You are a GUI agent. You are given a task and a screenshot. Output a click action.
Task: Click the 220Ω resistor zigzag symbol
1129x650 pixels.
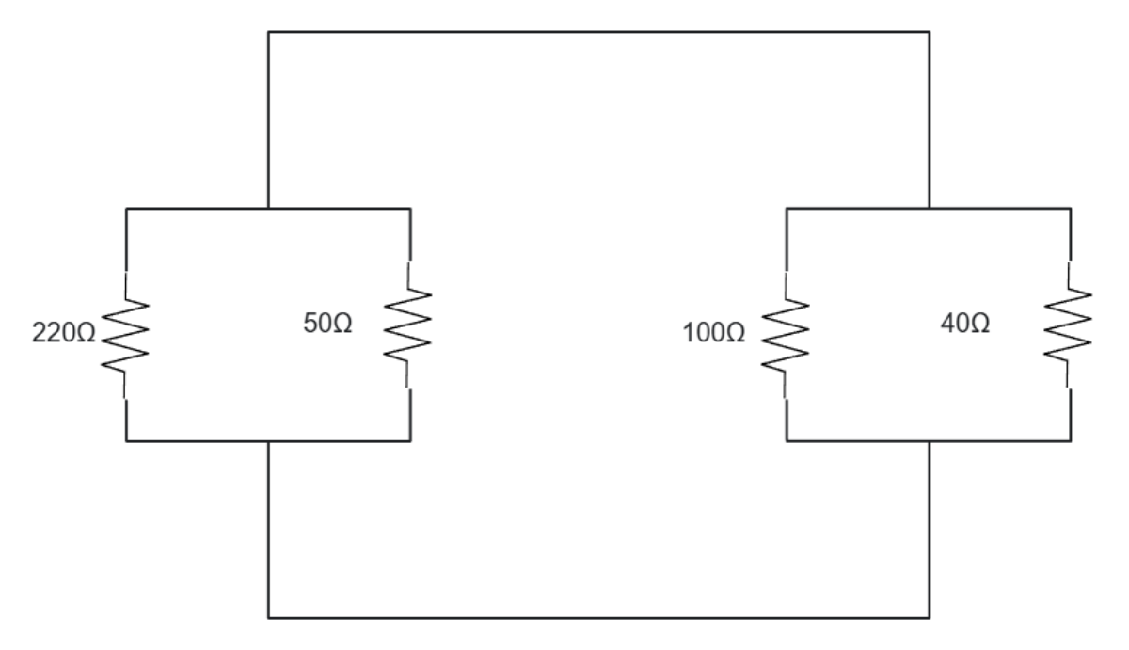[125, 335]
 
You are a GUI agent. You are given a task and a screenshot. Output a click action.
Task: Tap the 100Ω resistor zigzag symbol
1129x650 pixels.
[786, 335]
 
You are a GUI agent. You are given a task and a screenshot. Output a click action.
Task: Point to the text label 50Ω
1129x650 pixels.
[328, 323]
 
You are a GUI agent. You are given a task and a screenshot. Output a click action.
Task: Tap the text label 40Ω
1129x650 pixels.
[964, 323]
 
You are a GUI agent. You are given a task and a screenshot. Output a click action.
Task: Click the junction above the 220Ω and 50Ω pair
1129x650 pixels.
[269, 207]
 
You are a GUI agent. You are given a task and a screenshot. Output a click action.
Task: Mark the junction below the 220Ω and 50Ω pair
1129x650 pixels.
[269, 441]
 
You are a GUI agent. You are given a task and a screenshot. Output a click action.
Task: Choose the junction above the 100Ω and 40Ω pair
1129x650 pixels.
[930, 207]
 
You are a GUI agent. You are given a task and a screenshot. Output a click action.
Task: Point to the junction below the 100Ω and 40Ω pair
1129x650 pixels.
[930, 441]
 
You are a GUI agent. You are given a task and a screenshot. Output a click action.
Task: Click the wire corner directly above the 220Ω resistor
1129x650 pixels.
[126, 207]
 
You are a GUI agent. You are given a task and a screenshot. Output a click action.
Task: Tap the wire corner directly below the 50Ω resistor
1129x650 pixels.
[410, 441]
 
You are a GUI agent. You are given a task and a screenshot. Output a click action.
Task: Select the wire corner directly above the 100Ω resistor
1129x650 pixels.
[786, 207]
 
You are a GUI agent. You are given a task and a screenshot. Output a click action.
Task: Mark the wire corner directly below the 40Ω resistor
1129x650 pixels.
[1070, 441]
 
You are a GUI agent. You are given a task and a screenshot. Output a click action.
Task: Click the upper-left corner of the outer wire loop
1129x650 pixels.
[269, 32]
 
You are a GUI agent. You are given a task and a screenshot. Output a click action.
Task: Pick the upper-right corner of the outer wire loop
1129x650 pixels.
[930, 32]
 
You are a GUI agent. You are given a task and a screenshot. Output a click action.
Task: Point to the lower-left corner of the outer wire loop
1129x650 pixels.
[269, 617]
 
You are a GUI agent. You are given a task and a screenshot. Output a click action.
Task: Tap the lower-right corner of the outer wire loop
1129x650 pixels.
[930, 617]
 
